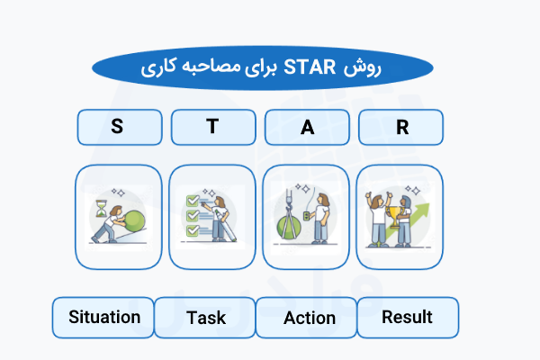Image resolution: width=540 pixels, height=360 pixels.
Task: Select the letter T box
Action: point(212,127)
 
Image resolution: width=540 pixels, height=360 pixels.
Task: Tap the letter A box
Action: point(307,127)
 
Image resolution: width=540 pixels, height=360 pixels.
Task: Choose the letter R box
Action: point(401,127)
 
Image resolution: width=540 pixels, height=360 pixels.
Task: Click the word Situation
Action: point(103,317)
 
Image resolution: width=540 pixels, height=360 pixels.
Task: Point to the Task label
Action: point(205,318)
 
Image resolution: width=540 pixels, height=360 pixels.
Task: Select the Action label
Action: point(309,318)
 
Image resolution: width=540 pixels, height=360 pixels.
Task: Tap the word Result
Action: point(407,317)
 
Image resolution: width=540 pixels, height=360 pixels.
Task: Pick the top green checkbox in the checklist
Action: point(191,201)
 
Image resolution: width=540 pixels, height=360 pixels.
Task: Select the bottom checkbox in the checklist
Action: point(192,231)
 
